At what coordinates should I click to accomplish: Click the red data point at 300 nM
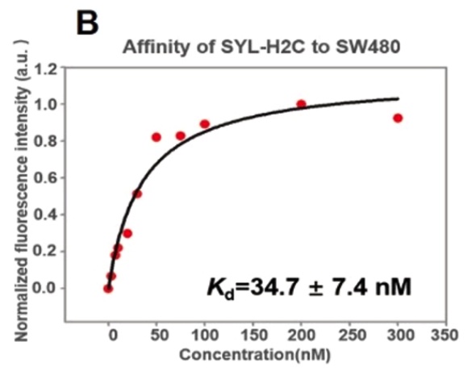click(x=398, y=118)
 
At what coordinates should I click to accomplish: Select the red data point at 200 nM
click(x=301, y=104)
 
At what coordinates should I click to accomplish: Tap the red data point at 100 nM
click(x=205, y=124)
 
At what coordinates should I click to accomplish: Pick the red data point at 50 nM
click(x=157, y=137)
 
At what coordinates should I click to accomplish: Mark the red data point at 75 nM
click(x=181, y=136)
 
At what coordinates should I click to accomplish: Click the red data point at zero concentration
click(x=108, y=289)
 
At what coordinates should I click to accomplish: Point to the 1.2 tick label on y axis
click(x=46, y=70)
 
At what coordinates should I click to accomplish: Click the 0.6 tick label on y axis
click(x=45, y=177)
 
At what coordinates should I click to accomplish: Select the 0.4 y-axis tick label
click(x=45, y=215)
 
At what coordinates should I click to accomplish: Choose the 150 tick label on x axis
click(x=253, y=336)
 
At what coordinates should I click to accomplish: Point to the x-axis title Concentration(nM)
click(x=255, y=355)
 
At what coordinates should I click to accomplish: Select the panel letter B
click(x=87, y=23)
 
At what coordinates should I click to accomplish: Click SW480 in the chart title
click(x=367, y=47)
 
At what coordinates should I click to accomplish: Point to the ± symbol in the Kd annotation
click(x=316, y=288)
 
